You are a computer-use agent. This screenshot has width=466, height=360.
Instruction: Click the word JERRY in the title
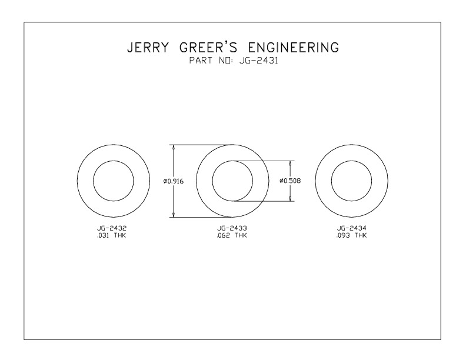[148, 48]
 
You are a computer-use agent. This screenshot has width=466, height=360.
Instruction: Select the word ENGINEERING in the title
[294, 48]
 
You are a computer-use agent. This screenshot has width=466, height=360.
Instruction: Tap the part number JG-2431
[258, 61]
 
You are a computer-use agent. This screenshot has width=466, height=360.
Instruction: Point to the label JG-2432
[112, 228]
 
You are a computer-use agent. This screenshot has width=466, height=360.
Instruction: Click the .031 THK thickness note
[112, 235]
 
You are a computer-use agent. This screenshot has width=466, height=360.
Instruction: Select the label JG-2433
[232, 228]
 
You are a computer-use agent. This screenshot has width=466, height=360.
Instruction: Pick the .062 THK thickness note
[232, 235]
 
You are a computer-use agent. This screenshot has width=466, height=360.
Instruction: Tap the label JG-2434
[352, 228]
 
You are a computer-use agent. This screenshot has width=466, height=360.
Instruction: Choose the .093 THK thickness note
[352, 235]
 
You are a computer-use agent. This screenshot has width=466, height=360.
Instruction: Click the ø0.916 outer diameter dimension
[173, 181]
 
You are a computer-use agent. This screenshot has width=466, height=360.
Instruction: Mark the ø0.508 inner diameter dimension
[290, 181]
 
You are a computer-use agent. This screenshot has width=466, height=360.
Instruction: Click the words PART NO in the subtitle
[210, 61]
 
